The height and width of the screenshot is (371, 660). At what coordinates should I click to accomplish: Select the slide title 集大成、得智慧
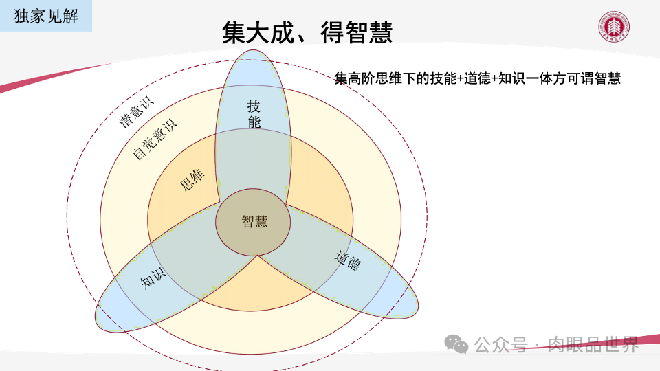pos(307,32)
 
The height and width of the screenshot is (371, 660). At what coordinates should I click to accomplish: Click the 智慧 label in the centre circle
pos(254,221)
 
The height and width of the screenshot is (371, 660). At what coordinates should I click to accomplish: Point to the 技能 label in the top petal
pos(254,114)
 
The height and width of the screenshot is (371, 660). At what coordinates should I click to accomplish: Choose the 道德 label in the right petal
pos(348,260)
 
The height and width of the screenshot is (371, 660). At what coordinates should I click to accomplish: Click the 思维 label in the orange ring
pos(192,179)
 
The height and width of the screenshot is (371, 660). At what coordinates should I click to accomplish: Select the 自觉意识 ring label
pos(154,139)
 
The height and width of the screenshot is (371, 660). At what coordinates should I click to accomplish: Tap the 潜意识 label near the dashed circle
pos(136,112)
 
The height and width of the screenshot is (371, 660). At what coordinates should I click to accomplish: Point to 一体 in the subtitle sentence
pos(540,79)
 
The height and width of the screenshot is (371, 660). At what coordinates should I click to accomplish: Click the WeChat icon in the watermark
pos(456,344)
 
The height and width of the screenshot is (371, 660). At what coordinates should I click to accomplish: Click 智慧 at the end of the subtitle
pos(608,79)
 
